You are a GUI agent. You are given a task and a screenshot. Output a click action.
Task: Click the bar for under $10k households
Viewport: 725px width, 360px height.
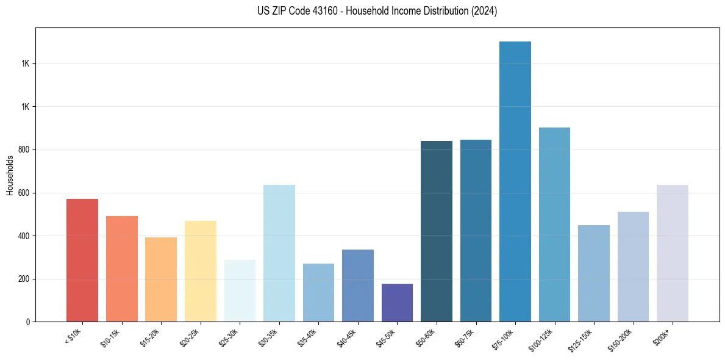point(82,261)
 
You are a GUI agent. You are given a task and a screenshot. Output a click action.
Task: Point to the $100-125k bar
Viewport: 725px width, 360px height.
point(554,225)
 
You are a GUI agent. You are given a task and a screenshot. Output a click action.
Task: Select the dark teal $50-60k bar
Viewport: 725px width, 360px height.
point(437,231)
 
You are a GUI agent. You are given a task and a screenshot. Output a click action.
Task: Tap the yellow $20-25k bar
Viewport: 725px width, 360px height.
point(201,272)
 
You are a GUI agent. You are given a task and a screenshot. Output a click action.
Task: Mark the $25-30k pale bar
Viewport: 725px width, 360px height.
point(240,291)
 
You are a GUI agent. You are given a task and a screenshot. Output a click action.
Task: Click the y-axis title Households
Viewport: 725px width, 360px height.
point(10,175)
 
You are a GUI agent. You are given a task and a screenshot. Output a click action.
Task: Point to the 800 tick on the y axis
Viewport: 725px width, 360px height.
point(24,150)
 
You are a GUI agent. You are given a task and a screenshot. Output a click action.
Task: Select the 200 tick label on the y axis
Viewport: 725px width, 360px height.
point(24,279)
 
